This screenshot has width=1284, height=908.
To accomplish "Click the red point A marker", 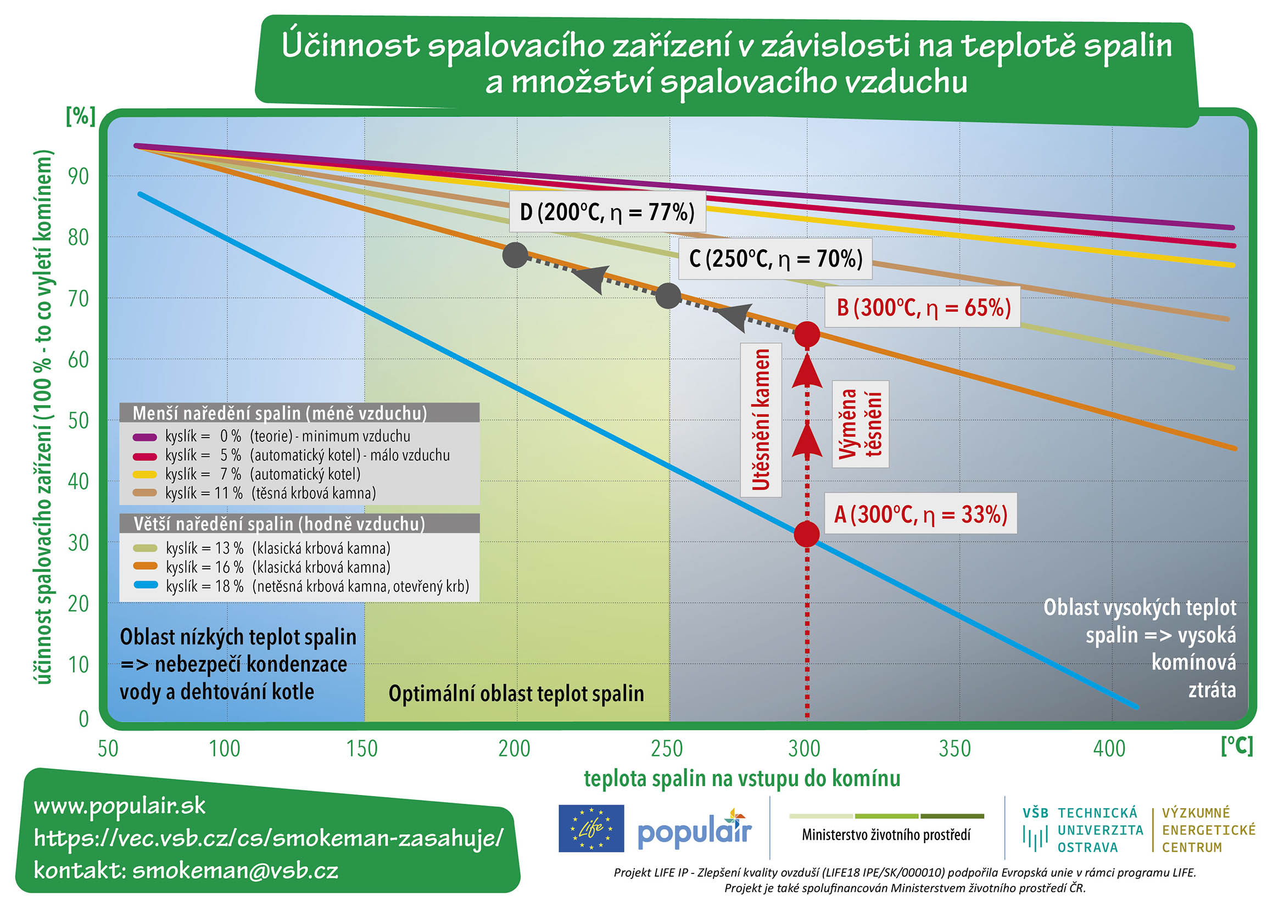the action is pos(806,534).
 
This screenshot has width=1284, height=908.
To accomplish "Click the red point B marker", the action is pos(807,334).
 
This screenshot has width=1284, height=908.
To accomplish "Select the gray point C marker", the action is pos(668,295).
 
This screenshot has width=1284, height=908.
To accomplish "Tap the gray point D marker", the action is pos(515,255).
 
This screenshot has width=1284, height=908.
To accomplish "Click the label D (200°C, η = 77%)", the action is pos(607,212).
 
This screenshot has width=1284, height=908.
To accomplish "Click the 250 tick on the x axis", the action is pos(667,748).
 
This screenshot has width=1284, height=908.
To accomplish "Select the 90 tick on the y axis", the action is pos(79,176).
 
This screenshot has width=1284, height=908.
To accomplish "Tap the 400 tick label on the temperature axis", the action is pos(1109,748).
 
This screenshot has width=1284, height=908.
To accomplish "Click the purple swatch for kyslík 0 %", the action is pos(144,436).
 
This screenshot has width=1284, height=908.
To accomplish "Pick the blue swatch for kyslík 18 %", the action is pos(145,585).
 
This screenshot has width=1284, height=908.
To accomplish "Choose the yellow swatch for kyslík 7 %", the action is pos(144,475).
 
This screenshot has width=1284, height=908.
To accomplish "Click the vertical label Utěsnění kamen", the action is pos(761,419).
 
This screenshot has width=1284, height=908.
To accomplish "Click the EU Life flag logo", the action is pos(591,828).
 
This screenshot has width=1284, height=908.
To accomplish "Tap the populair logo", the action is pos(695,828).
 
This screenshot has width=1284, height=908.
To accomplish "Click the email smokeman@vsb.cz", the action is pos(235,871).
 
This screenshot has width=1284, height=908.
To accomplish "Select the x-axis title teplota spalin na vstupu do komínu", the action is pos(742,778).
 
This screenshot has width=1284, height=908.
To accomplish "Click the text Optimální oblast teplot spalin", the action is pos(516,694).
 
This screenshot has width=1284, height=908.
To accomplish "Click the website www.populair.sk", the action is pos(120,806).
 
